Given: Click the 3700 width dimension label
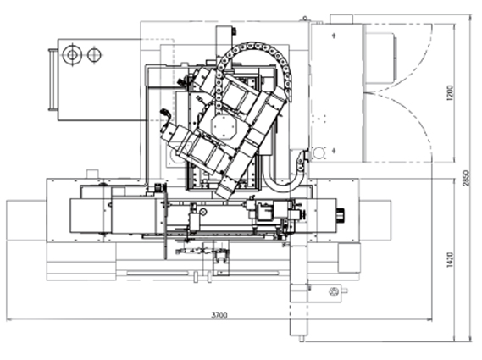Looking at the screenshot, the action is [219, 315].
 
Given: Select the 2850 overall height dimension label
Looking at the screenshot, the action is [466, 178].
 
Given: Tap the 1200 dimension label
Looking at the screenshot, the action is [450, 93].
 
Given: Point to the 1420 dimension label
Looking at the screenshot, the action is [450, 260].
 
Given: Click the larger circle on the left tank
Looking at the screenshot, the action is [72, 55].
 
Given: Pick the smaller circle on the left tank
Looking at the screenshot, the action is [94, 55].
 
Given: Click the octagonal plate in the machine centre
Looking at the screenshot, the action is [224, 126].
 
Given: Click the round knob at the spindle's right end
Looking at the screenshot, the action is [341, 214].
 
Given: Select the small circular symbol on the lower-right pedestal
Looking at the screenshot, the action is [334, 291].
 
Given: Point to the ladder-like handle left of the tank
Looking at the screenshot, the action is [53, 80].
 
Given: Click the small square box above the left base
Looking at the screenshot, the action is [92, 174].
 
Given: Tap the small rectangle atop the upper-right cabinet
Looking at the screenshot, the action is [341, 19].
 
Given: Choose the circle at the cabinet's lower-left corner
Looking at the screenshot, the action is [319, 152].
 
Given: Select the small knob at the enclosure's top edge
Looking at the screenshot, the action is [305, 19].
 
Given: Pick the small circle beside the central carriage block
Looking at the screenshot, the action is [203, 211].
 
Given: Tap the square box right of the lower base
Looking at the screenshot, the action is [349, 258].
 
